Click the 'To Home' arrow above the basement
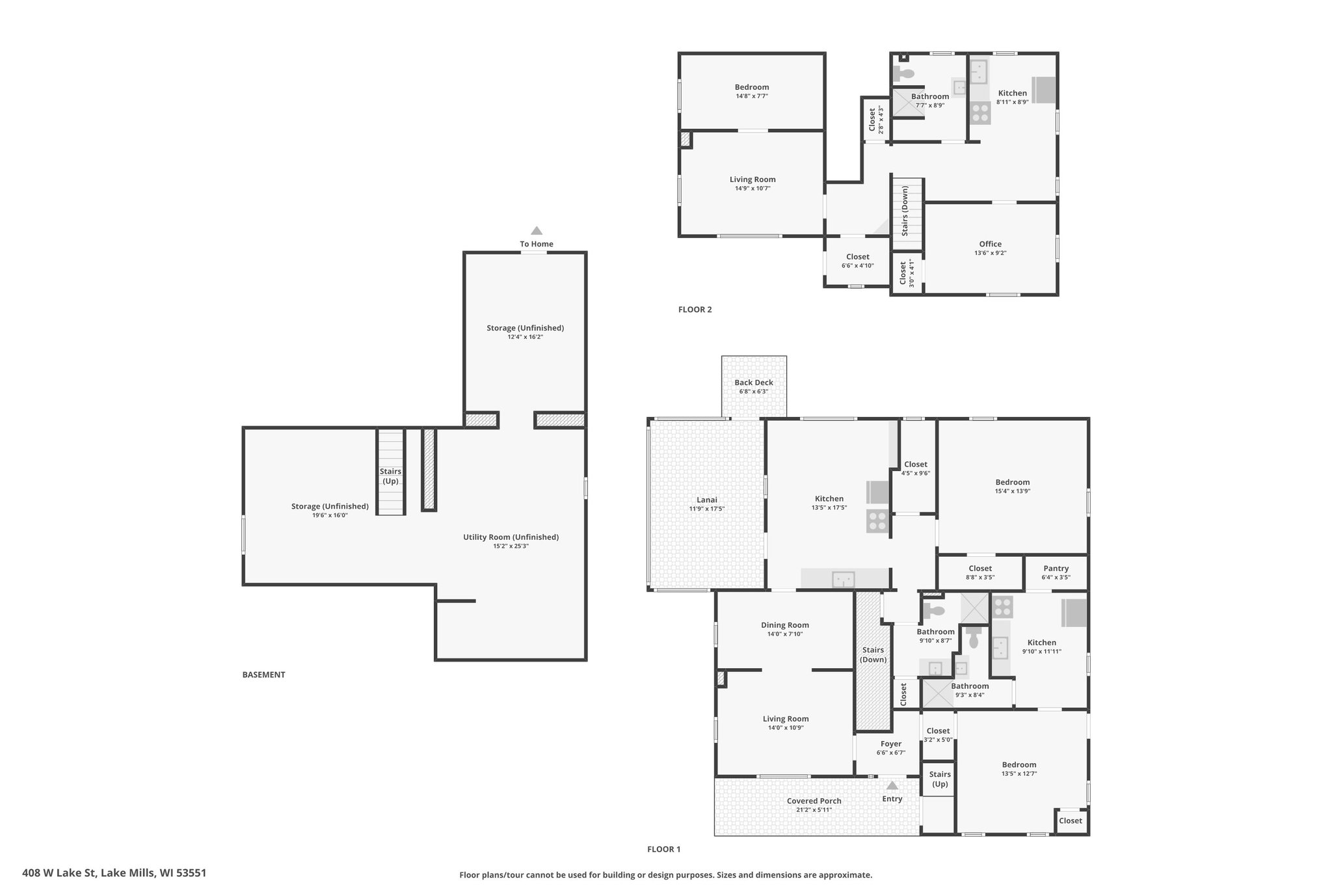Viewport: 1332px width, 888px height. click(537, 230)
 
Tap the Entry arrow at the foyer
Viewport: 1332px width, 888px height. click(892, 785)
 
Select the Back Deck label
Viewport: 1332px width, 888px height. click(754, 383)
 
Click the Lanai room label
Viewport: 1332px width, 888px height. click(707, 500)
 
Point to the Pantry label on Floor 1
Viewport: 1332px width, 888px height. click(1056, 569)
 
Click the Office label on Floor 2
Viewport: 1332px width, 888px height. click(991, 244)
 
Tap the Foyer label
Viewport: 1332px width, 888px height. click(891, 744)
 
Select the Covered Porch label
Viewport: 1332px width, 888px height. click(814, 801)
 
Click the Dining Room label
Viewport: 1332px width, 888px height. click(785, 625)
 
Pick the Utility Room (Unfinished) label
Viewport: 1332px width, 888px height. click(511, 537)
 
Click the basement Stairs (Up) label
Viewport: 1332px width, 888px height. click(390, 476)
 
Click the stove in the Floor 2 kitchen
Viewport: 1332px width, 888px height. click(980, 113)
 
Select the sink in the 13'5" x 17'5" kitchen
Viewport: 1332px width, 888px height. click(844, 578)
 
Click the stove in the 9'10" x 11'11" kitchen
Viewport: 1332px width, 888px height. click(1002, 607)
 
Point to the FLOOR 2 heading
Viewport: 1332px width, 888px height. click(695, 310)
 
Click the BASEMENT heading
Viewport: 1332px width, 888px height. click(264, 675)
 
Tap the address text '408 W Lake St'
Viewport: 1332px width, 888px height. click(60, 873)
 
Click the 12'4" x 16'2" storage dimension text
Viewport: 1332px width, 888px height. click(526, 337)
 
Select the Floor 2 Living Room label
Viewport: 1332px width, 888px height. click(753, 180)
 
